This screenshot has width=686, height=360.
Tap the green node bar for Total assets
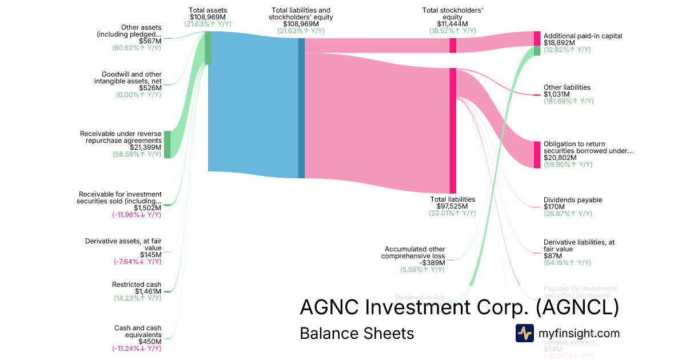(x=208, y=47)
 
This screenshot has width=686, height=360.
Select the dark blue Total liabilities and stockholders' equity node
(x=301, y=108)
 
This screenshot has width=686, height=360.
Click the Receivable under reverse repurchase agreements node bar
(x=167, y=144)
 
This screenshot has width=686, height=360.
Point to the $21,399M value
(x=146, y=147)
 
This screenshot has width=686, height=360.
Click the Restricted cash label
(x=137, y=285)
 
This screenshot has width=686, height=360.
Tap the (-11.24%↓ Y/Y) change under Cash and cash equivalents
(x=137, y=349)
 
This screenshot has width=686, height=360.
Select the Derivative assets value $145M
(x=151, y=255)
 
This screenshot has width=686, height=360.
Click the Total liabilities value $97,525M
(x=452, y=206)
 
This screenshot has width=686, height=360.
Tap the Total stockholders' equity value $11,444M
(x=452, y=24)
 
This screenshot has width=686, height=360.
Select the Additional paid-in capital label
(x=583, y=36)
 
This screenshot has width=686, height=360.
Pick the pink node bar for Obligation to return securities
(x=537, y=154)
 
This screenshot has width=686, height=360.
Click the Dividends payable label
(x=572, y=200)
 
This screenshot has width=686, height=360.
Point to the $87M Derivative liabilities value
(x=551, y=256)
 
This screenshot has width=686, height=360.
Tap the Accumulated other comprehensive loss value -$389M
(x=433, y=263)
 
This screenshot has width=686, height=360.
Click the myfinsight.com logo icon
(x=524, y=333)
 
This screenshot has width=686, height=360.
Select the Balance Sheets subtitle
(x=357, y=333)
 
